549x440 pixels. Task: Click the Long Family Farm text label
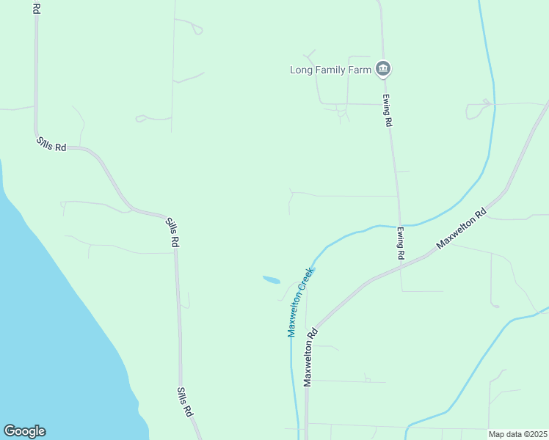(331, 70)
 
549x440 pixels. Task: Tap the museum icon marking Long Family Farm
(382, 70)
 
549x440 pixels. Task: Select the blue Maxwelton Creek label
(301, 301)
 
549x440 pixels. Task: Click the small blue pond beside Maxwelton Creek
(272, 279)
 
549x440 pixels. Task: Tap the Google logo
(24, 431)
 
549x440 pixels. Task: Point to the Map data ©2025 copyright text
(517, 434)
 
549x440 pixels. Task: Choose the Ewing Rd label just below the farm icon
(386, 110)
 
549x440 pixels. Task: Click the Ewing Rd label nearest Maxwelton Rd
(401, 243)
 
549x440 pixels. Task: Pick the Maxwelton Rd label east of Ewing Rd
(462, 230)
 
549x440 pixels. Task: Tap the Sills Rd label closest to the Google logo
(184, 402)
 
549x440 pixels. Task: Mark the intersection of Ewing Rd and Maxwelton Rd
(401, 268)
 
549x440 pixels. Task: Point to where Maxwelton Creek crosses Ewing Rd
(399, 225)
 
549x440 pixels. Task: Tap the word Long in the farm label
(300, 70)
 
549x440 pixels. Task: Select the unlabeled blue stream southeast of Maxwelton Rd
(477, 367)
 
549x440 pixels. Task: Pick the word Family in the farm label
(331, 70)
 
